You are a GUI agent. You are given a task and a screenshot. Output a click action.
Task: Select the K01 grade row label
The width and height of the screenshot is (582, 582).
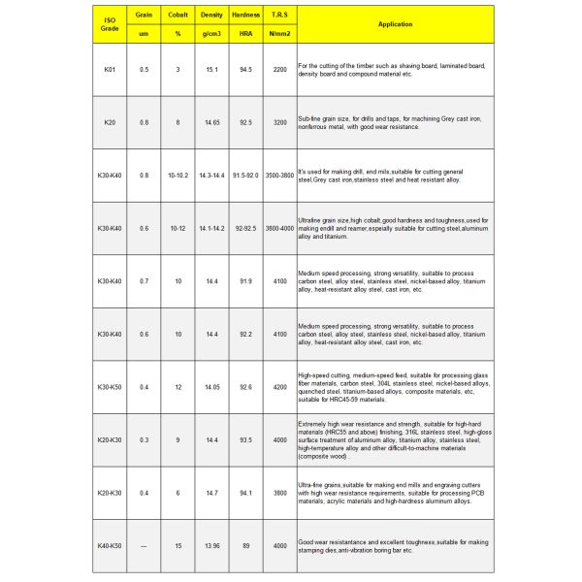point(110,71)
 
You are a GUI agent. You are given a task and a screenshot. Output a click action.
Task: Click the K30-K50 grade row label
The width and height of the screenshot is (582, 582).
point(110,386)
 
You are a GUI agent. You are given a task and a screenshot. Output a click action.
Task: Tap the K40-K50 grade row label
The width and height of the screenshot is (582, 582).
point(110,546)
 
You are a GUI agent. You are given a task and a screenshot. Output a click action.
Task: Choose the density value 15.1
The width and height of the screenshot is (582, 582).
point(211,71)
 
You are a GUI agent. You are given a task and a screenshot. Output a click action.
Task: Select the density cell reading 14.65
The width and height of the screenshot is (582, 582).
point(211,123)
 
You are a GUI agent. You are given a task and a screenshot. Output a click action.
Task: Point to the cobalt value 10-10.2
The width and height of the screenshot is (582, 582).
point(178,176)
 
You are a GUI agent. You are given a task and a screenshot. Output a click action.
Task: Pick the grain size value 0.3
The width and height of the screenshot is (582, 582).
point(144,439)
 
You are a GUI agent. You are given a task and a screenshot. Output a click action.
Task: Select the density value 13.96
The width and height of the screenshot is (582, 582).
point(211,546)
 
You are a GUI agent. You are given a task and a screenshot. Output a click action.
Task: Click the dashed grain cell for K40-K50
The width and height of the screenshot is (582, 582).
point(144,546)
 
